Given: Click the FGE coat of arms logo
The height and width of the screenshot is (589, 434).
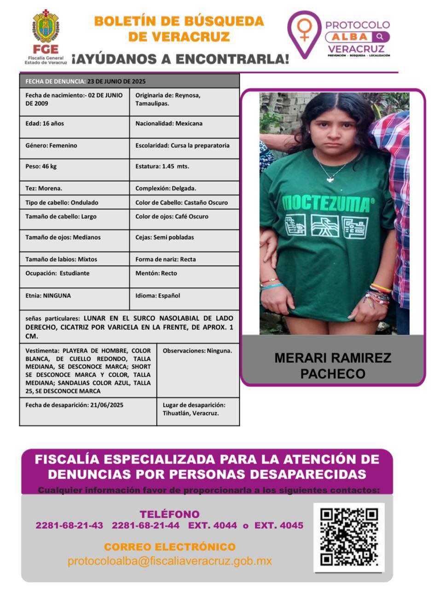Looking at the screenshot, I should (x=46, y=27).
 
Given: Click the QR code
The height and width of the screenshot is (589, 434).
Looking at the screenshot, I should (x=349, y=537).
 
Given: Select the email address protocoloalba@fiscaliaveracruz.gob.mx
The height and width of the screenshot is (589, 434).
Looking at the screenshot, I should (x=169, y=561).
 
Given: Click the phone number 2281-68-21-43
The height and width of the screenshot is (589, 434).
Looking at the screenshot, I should (x=69, y=525).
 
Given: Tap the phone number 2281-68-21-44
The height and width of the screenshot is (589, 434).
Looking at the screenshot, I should (x=145, y=525).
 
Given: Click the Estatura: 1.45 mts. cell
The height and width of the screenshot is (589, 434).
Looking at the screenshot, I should (x=184, y=167).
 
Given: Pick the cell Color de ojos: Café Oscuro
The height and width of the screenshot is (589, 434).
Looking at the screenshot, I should (x=184, y=217).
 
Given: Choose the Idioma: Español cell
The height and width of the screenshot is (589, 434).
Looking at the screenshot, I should (x=184, y=296).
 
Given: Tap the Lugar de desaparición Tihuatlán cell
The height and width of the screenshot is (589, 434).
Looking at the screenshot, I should (x=197, y=409).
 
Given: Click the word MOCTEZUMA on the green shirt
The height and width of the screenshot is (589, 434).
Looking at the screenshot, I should (x=326, y=203).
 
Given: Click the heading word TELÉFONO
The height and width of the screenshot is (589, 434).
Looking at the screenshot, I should (x=169, y=514).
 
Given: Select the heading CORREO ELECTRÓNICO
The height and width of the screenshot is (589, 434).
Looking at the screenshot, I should (x=169, y=547).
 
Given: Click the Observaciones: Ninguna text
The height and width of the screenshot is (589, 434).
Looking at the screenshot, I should (x=197, y=351).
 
